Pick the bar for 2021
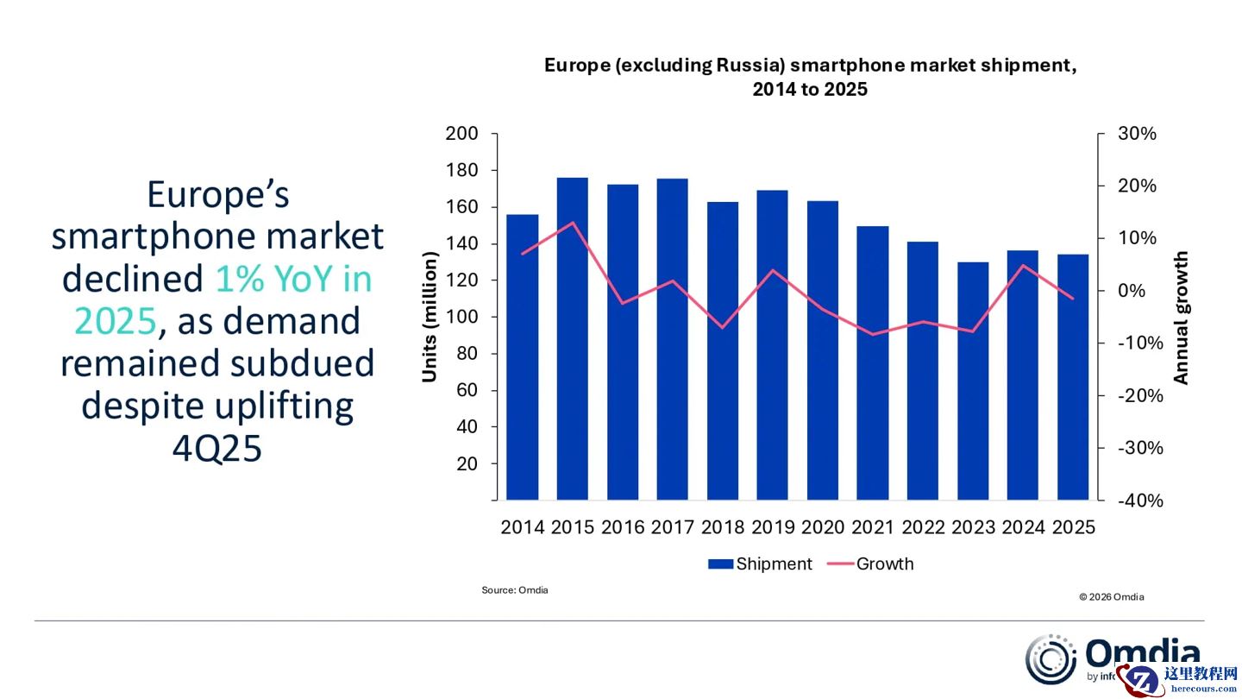(873, 362)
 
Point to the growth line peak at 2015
(572, 223)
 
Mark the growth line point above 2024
(1023, 265)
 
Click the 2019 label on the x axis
(773, 527)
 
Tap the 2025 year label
(1073, 527)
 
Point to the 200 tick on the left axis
(461, 134)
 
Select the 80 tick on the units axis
(467, 354)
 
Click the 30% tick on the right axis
(1137, 134)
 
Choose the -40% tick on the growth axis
(1140, 501)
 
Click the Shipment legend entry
(760, 564)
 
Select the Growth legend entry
(871, 564)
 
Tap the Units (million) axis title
(430, 316)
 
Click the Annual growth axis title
(1181, 318)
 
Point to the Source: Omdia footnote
(515, 590)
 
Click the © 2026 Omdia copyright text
(1111, 597)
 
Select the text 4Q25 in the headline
(217, 449)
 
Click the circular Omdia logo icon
(1051, 660)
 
